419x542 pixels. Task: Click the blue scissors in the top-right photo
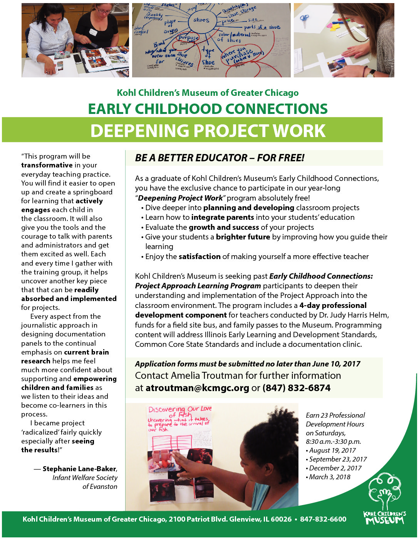[304, 19]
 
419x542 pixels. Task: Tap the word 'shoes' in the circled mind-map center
[201, 20]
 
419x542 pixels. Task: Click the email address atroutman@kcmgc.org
[197, 388]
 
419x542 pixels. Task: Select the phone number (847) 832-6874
[296, 388]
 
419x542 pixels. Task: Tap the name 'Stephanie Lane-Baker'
[79, 469]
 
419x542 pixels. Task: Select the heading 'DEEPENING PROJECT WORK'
[208, 131]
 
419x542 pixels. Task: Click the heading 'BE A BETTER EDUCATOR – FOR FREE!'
[220, 158]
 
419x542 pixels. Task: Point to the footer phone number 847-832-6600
[323, 519]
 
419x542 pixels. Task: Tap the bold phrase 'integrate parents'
[223, 217]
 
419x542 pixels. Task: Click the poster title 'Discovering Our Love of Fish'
[180, 412]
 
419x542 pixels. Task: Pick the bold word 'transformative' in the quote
[47, 165]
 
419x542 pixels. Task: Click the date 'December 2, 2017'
[335, 468]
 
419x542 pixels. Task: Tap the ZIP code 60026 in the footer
[281, 519]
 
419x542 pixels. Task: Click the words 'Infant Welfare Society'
[85, 478]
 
